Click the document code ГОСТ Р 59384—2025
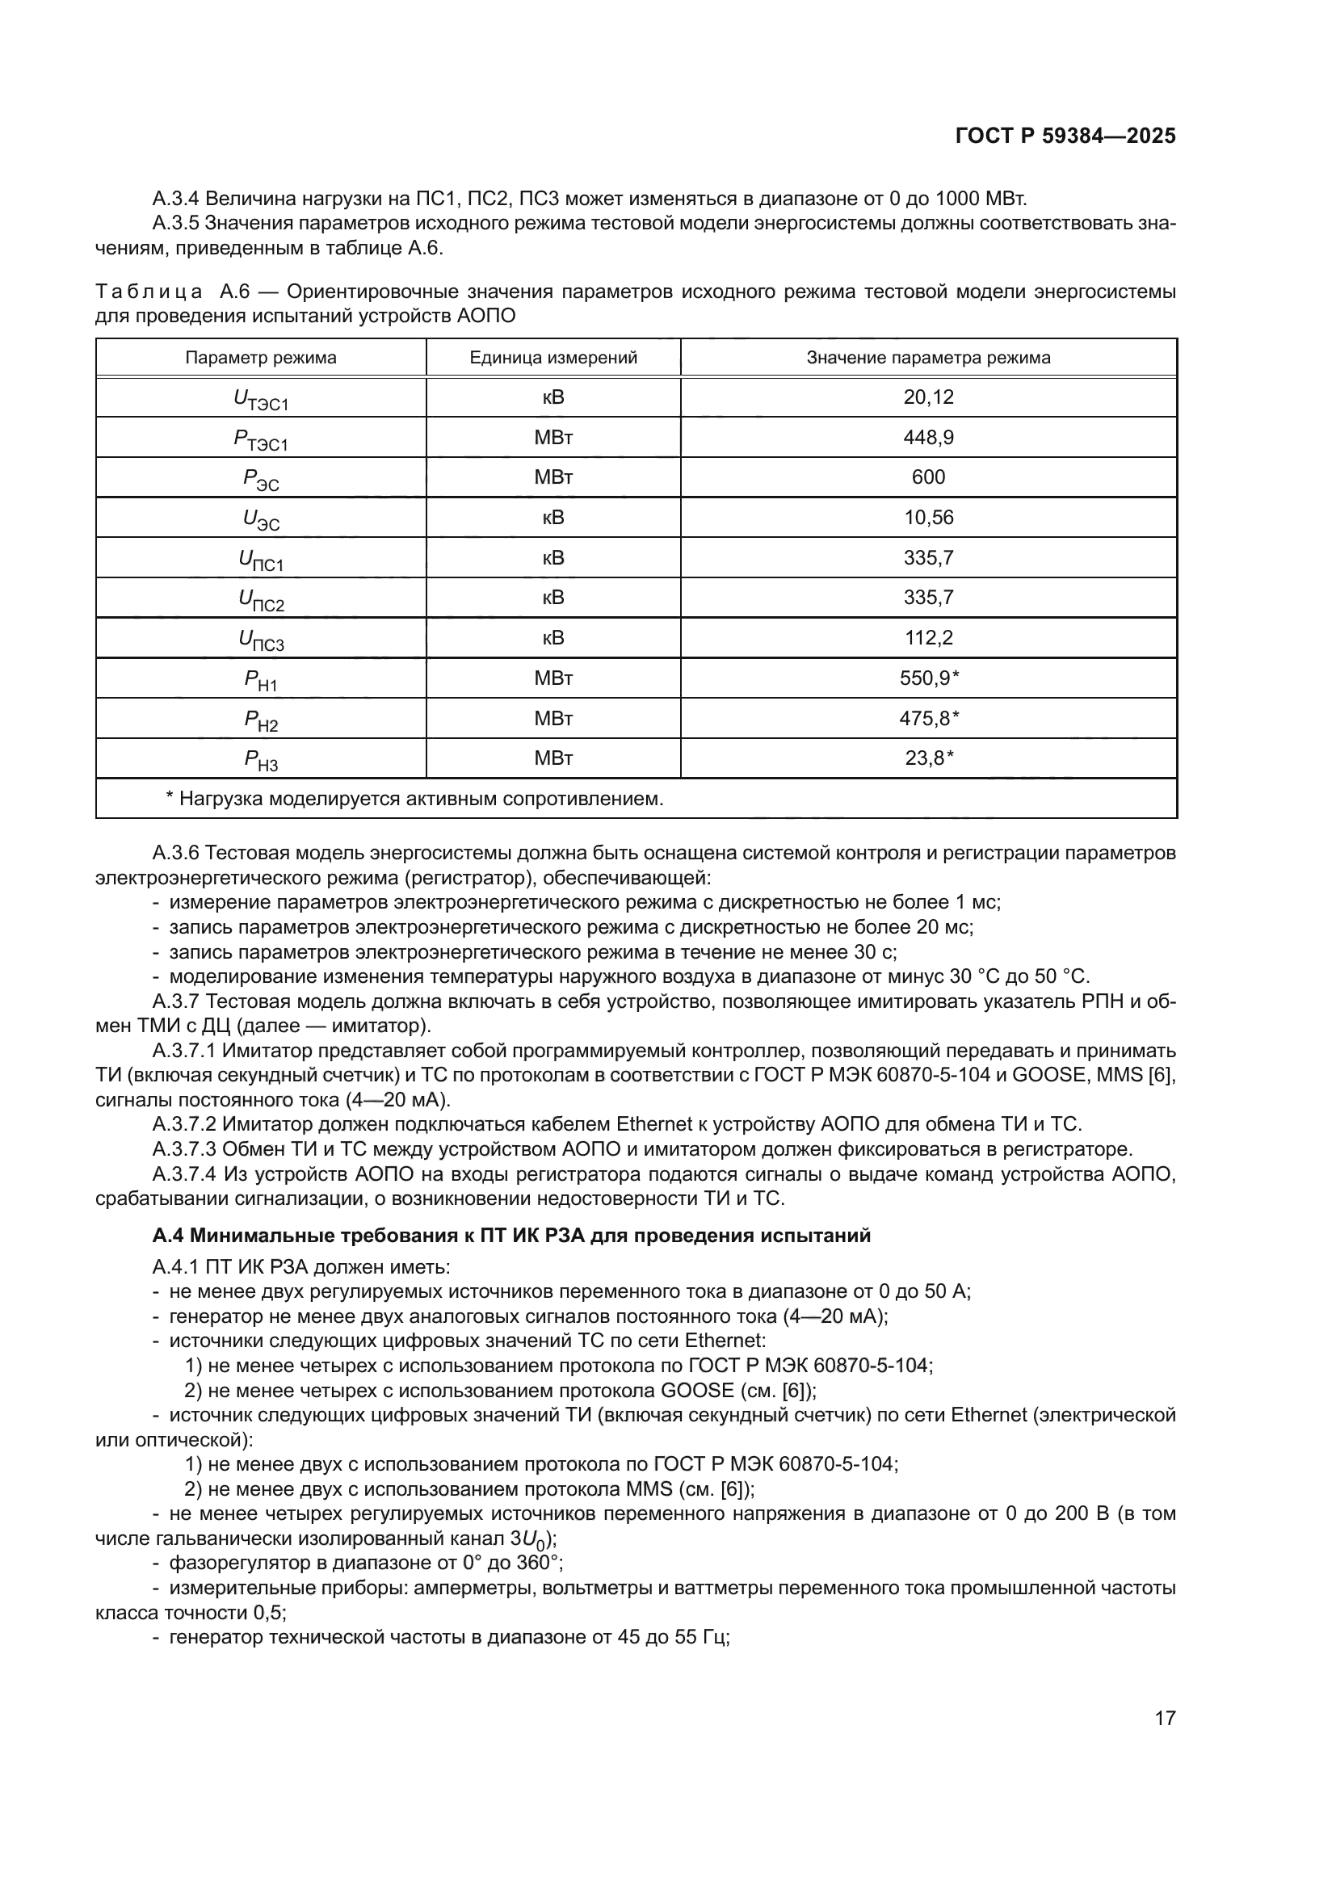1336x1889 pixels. pyautogui.click(x=1065, y=136)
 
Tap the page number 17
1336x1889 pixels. pyautogui.click(x=1165, y=1718)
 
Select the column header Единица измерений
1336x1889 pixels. pyautogui.click(x=552, y=358)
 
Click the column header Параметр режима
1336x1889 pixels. pyautogui.click(x=261, y=358)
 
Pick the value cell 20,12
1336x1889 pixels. pyautogui.click(x=928, y=397)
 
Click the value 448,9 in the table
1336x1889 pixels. pyautogui.click(x=928, y=438)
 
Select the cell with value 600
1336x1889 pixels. pyautogui.click(x=928, y=477)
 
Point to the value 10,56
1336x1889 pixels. pyautogui.click(x=928, y=518)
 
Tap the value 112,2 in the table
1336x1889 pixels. pyautogui.click(x=928, y=638)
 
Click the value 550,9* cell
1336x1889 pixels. pyautogui.click(x=930, y=678)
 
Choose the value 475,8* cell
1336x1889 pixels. pyautogui.click(x=930, y=718)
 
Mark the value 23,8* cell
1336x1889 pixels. pyautogui.click(x=930, y=758)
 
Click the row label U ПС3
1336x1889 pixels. pyautogui.click(x=261, y=640)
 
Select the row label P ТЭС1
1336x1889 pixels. pyautogui.click(x=261, y=439)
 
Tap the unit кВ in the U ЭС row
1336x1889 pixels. pyautogui.click(x=552, y=518)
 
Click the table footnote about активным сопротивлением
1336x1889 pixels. pyautogui.click(x=414, y=799)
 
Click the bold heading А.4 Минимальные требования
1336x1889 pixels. pyautogui.click(x=510, y=1236)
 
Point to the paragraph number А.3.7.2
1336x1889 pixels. pyautogui.click(x=184, y=1124)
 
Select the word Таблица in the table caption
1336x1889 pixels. pyautogui.click(x=149, y=292)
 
